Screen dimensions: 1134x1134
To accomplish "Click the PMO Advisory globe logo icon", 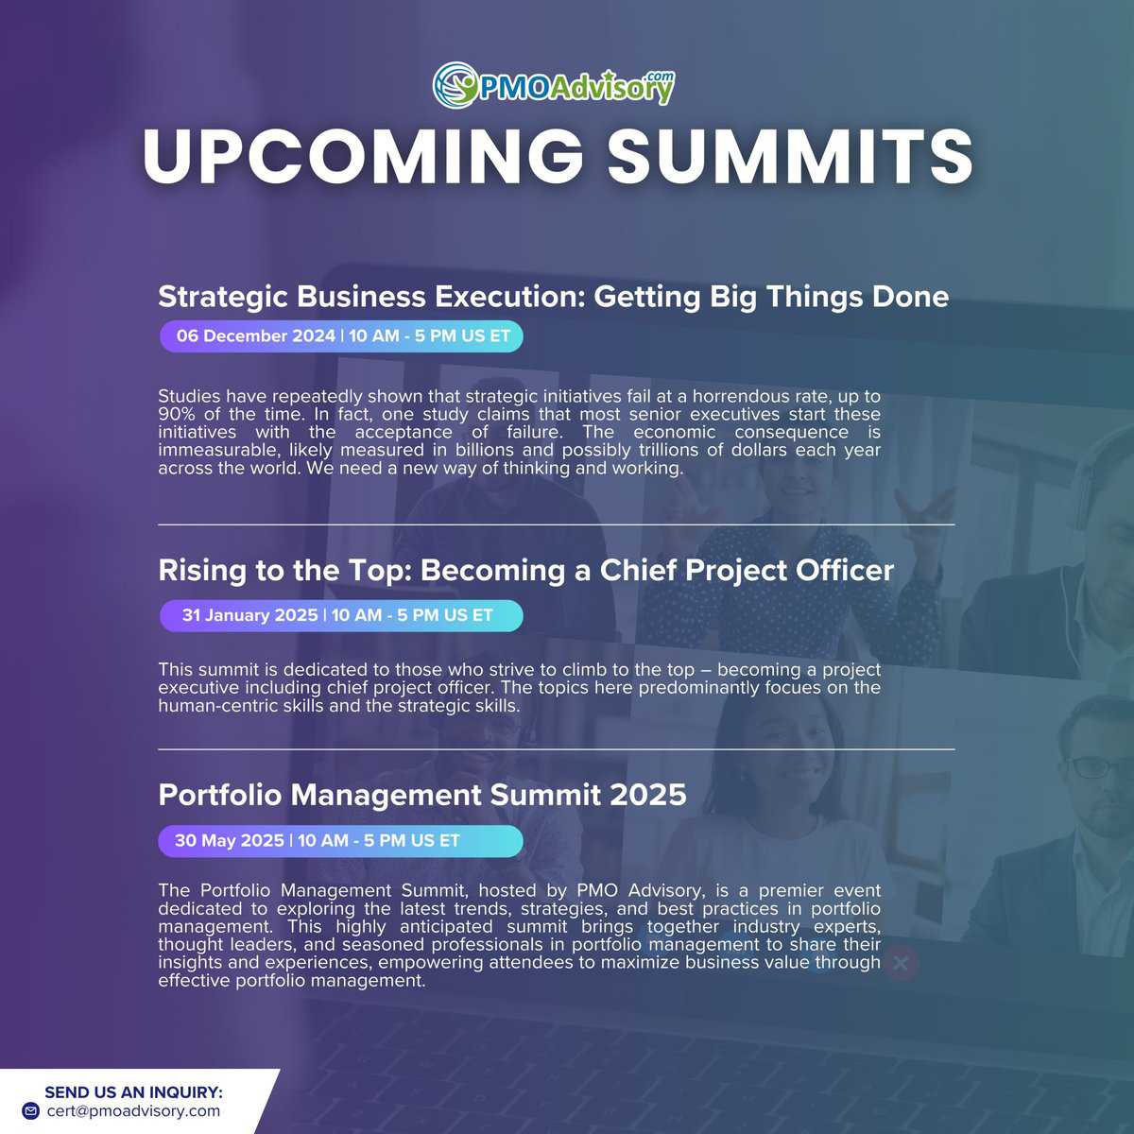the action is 455,85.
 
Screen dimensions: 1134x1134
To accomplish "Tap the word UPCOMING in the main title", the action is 363,156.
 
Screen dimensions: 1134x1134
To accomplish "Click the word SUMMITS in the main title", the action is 790,156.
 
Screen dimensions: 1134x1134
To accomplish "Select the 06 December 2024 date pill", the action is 341,336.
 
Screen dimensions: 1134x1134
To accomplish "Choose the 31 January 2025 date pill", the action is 341,615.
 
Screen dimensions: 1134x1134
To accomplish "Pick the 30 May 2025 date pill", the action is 340,841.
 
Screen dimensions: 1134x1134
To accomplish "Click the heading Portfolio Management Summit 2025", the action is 421,795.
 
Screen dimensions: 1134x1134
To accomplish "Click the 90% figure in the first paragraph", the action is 177,414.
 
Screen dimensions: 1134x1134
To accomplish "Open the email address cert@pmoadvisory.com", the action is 133,1111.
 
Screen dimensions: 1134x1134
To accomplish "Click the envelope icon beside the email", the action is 30,1111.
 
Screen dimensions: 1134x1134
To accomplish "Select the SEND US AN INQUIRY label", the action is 133,1092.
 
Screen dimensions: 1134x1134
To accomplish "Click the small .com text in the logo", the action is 660,77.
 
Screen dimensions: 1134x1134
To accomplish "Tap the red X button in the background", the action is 901,963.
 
